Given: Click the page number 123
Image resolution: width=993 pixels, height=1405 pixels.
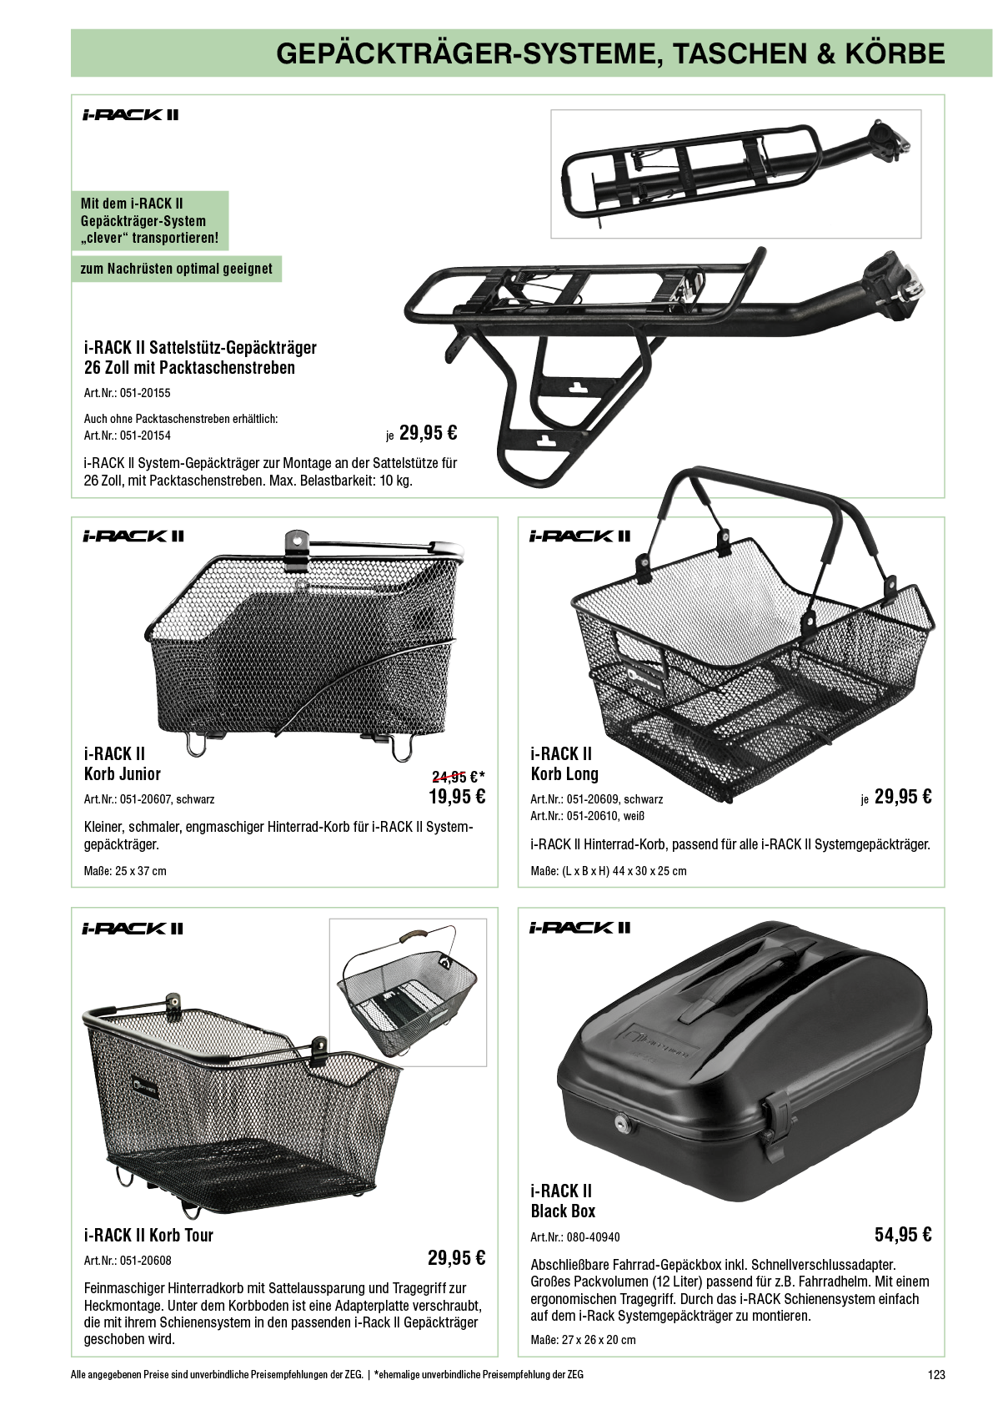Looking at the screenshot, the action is click(x=936, y=1374).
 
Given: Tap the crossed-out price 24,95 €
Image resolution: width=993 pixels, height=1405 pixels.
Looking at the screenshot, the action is click(x=455, y=777).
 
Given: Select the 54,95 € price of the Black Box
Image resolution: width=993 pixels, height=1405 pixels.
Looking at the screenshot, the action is click(x=903, y=1235).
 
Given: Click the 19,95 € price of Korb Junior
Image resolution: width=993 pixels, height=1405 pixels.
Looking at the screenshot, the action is click(x=456, y=797).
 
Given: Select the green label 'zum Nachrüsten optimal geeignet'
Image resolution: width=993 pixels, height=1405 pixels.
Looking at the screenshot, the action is click(x=176, y=269).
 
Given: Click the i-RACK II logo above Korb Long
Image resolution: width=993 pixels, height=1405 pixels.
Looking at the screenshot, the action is click(x=580, y=536).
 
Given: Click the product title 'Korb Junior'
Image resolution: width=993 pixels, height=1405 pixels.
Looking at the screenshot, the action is click(x=123, y=774).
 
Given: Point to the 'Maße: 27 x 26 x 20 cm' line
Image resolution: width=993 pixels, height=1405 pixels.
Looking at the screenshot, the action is click(x=583, y=1340).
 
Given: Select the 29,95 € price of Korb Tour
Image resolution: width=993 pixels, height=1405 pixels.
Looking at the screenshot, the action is click(x=456, y=1257).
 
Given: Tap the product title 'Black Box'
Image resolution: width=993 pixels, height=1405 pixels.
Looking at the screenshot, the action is click(x=563, y=1211).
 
